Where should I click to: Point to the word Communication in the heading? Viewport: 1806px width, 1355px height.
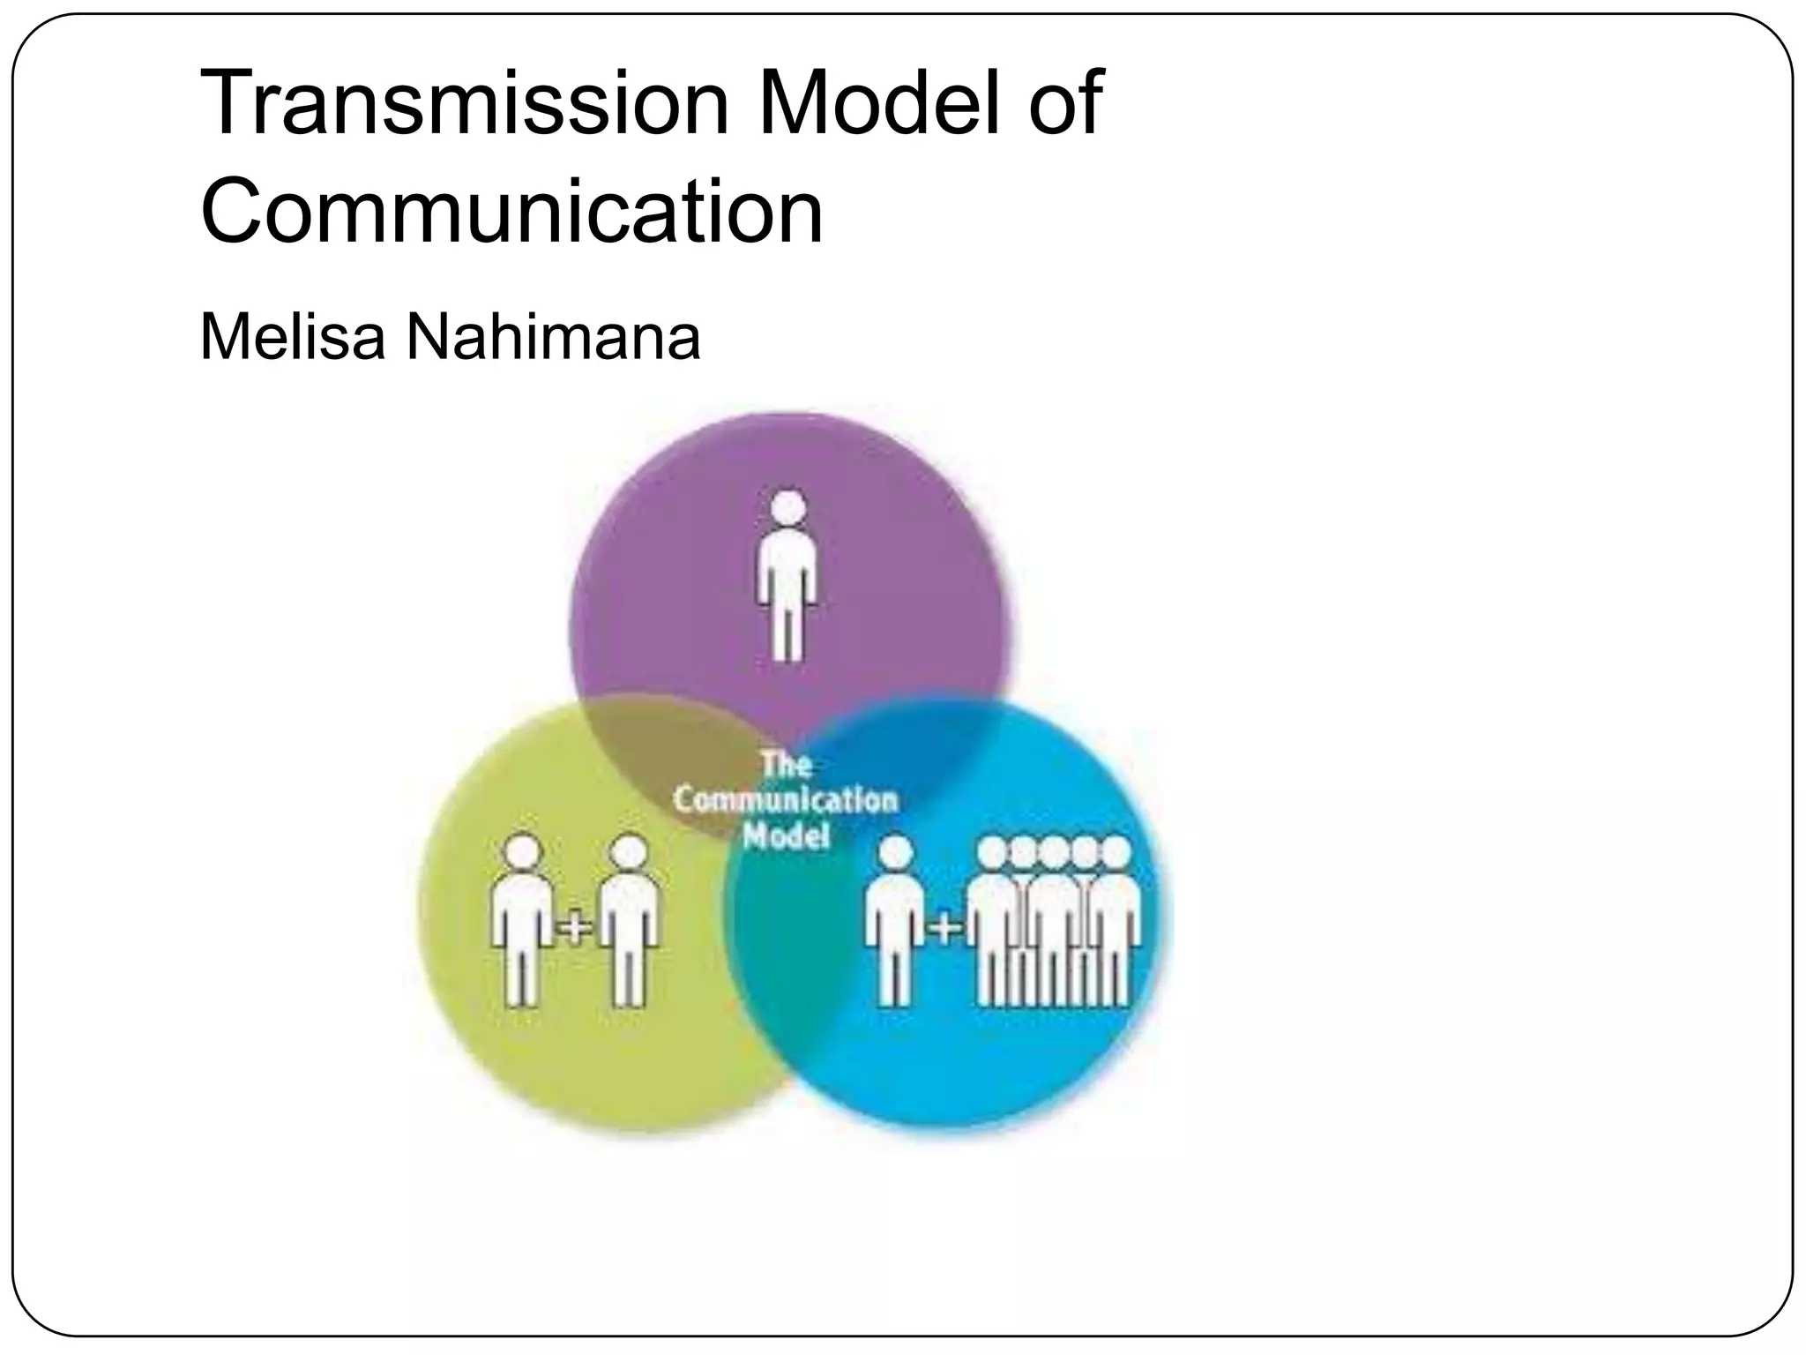click(511, 212)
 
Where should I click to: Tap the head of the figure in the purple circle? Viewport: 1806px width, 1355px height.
click(787, 508)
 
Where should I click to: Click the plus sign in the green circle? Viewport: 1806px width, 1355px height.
click(575, 928)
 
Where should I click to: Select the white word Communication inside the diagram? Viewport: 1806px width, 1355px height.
click(785, 800)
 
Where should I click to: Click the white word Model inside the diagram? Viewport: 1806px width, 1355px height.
click(785, 835)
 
